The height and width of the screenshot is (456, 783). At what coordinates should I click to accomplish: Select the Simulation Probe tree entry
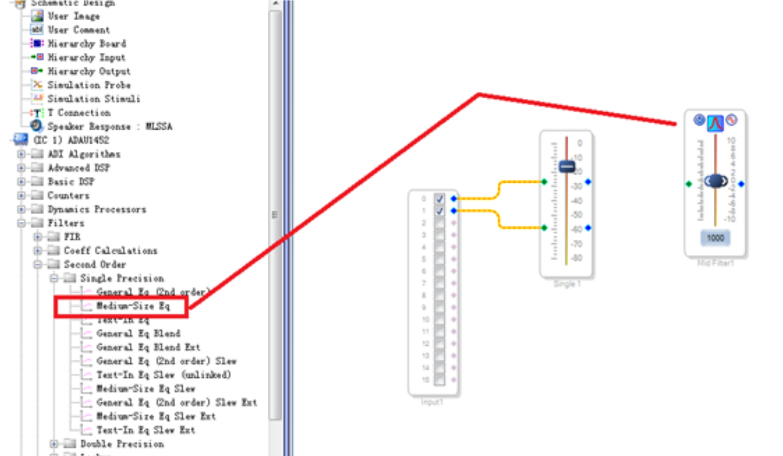[89, 85]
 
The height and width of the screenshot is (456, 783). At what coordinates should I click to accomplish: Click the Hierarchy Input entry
[86, 57]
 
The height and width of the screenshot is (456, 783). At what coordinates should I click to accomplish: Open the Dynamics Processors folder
[96, 209]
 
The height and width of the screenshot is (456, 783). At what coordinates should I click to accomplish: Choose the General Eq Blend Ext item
[148, 347]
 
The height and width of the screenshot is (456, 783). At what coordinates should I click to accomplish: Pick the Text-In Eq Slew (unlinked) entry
[164, 375]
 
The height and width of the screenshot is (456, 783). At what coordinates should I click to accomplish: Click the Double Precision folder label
[122, 444]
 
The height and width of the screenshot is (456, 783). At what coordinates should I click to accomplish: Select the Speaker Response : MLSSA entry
[110, 127]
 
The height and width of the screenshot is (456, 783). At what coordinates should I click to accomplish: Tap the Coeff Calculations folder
[110, 251]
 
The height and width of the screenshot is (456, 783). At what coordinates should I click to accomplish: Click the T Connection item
[79, 113]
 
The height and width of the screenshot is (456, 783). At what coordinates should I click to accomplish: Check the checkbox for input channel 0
[440, 198]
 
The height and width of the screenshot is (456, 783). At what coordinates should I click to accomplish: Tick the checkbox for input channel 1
[440, 210]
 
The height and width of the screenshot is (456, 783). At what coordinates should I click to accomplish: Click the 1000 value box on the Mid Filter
[715, 238]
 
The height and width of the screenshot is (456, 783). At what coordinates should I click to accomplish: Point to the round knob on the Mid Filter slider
[716, 181]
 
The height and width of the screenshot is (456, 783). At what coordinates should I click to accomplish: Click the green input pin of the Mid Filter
[689, 184]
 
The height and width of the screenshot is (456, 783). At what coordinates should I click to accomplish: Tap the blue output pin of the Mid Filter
[741, 184]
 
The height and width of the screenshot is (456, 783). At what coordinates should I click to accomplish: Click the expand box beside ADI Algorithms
[21, 154]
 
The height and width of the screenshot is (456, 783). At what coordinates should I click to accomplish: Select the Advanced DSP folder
[78, 168]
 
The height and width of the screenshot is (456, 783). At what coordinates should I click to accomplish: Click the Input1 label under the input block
[432, 402]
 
